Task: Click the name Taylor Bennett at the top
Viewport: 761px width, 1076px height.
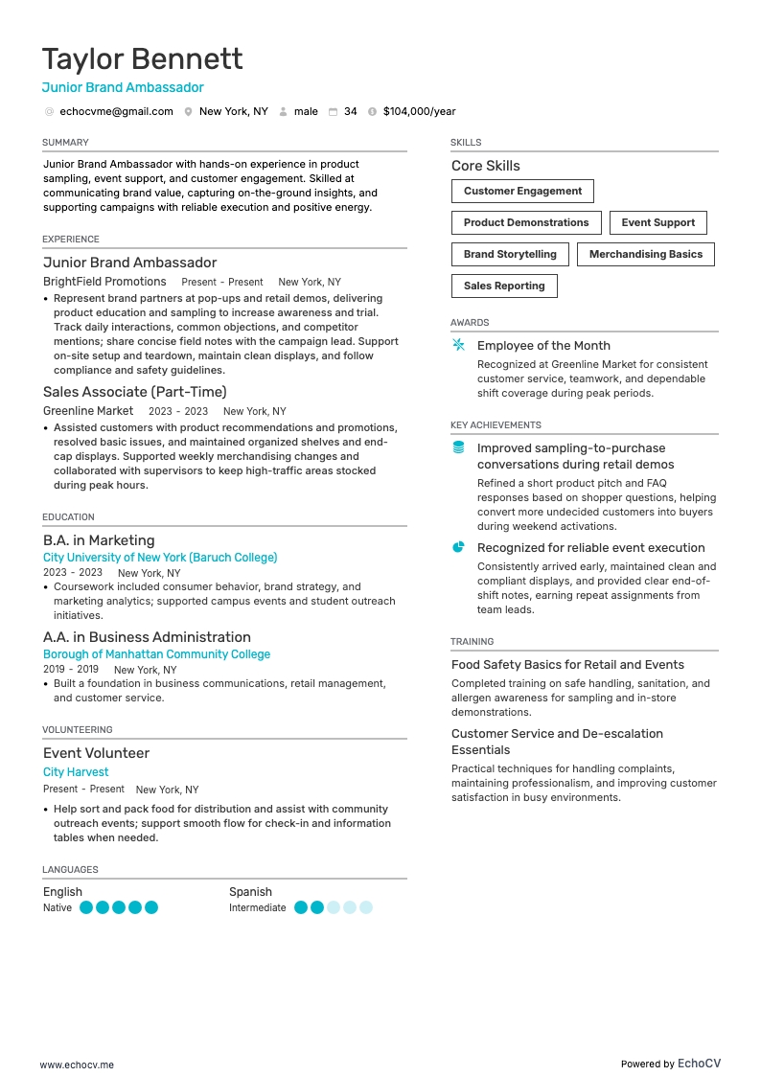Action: point(142,59)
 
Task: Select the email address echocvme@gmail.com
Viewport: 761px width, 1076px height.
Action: point(116,112)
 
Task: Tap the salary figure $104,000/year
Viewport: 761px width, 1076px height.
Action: point(419,112)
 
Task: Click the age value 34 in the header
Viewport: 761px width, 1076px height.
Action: point(351,112)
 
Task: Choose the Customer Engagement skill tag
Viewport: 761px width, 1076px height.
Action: point(522,192)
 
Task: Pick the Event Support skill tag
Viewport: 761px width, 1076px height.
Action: point(657,223)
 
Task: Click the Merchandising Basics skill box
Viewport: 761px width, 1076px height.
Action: point(645,255)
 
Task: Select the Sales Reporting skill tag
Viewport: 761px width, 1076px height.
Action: point(504,286)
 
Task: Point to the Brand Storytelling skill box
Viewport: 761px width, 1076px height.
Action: point(510,255)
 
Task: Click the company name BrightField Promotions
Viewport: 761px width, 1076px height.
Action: point(104,282)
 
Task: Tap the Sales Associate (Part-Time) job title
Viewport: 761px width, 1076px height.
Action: point(135,392)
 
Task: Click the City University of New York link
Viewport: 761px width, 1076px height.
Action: point(160,558)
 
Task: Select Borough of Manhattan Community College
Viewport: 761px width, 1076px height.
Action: point(156,654)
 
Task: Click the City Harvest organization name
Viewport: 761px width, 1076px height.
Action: point(76,772)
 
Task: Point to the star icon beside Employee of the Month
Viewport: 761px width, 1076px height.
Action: point(458,345)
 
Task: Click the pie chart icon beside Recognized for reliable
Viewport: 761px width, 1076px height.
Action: point(458,547)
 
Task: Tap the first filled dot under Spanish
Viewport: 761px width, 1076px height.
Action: point(301,907)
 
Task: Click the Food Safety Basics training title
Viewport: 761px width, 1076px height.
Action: point(567,665)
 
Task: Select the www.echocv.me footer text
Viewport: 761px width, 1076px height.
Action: point(77,1065)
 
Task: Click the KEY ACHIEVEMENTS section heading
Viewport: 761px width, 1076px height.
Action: point(496,425)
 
